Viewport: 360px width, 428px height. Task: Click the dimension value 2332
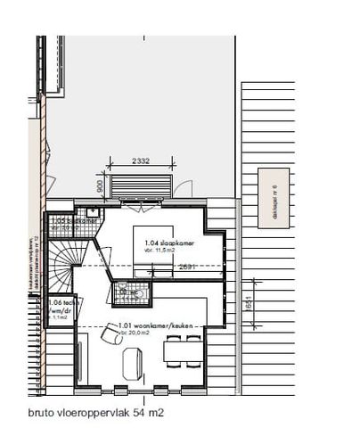(x=137, y=160)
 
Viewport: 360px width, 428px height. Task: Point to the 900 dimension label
(x=100, y=186)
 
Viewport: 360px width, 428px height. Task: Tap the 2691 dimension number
(x=186, y=266)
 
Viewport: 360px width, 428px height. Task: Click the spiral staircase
(x=61, y=264)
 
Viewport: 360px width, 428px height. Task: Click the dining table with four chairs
(x=184, y=352)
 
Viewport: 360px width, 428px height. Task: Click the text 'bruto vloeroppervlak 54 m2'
(x=95, y=414)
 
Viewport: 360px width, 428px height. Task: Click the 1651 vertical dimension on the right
(x=252, y=302)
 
